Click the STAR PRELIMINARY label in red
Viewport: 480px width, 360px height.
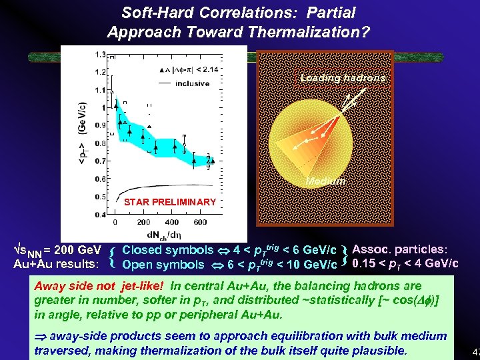(170, 202)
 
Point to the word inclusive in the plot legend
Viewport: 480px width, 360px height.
(193, 83)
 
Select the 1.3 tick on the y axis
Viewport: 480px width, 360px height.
(100, 54)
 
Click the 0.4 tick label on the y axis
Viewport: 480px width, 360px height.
(100, 215)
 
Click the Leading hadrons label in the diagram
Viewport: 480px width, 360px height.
(342, 78)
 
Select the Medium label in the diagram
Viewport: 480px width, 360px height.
(325, 181)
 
